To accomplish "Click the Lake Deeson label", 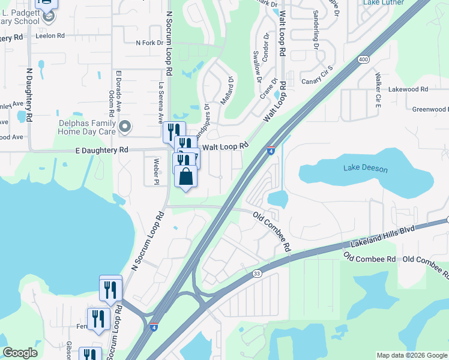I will (366, 169).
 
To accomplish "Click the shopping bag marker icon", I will (186, 177).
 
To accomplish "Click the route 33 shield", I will (256, 274).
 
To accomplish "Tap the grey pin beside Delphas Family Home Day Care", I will (125, 126).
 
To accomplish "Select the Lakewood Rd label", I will (408, 89).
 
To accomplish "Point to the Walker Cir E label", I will (378, 91).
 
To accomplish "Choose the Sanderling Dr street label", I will (316, 29).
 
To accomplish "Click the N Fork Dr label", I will (149, 43).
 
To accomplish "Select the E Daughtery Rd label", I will (102, 149).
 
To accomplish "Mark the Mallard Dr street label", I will (226, 91).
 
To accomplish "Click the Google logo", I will (20, 353).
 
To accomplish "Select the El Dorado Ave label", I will (119, 91).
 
